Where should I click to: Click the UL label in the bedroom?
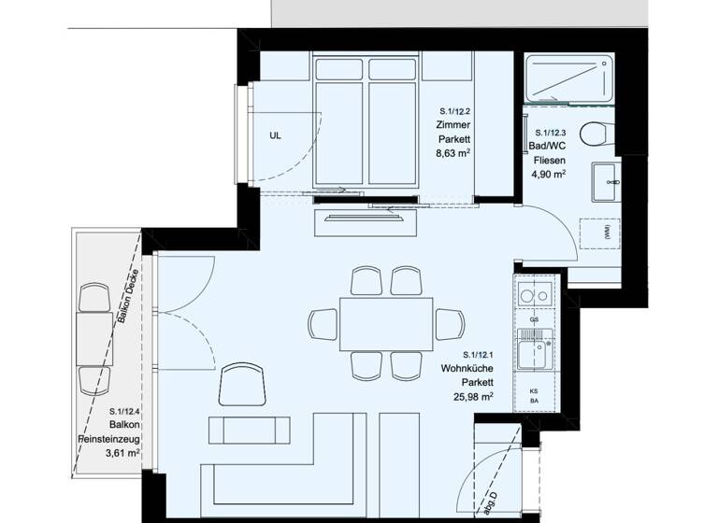(x=275, y=134)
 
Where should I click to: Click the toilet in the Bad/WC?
(x=595, y=135)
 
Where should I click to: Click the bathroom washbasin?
(x=604, y=181)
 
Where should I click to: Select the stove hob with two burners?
(x=535, y=295)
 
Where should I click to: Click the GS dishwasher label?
(x=534, y=319)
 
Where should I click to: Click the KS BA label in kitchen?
(x=534, y=398)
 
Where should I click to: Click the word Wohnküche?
(x=467, y=368)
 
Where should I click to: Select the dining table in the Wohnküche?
(x=386, y=322)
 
